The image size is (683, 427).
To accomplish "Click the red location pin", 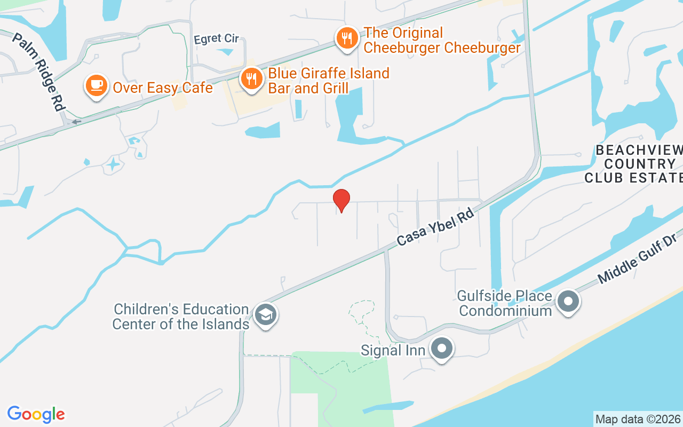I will pyautogui.click(x=341, y=200).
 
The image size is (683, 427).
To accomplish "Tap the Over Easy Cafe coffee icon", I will pyautogui.click(x=96, y=85).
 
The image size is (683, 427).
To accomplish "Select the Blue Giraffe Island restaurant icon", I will pyautogui.click(x=250, y=79).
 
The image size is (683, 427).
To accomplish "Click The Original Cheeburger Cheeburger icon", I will pyautogui.click(x=347, y=38).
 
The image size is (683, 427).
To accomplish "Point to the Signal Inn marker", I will pyautogui.click(x=441, y=349).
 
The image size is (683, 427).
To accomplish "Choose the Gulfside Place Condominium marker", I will pyautogui.click(x=568, y=301).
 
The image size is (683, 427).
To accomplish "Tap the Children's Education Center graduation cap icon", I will pyautogui.click(x=265, y=314).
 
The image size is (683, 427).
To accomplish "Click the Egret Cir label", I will pyautogui.click(x=217, y=39).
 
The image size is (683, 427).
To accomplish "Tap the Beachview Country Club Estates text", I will pyautogui.click(x=635, y=163).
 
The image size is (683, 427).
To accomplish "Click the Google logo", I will pyautogui.click(x=36, y=414).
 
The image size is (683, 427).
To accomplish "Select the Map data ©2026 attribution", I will pyautogui.click(x=638, y=419).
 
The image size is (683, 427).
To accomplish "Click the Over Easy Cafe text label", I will pyautogui.click(x=163, y=88).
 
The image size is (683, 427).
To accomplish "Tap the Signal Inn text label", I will pyautogui.click(x=393, y=350).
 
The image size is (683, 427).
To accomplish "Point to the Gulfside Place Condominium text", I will pyautogui.click(x=505, y=303).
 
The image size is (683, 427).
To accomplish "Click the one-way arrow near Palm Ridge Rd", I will pyautogui.click(x=77, y=122).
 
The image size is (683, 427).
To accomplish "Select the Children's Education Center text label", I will pyautogui.click(x=181, y=317).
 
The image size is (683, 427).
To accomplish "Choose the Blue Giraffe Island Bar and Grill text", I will pyautogui.click(x=329, y=80).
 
